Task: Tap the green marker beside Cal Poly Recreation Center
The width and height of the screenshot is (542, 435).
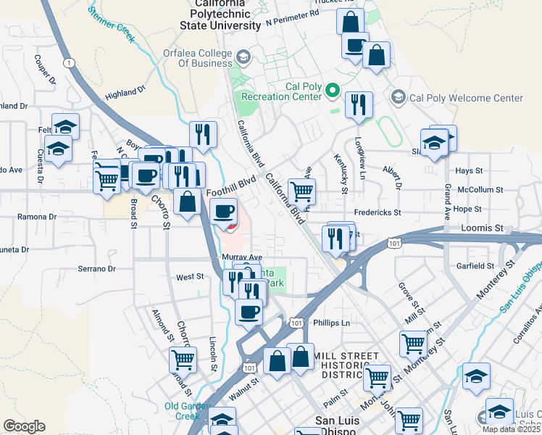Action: pyautogui.click(x=333, y=91)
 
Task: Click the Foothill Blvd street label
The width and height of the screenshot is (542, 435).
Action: pyautogui.click(x=231, y=188)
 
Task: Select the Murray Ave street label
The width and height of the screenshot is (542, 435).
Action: pyautogui.click(x=242, y=257)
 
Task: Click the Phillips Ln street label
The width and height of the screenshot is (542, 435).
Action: pyautogui.click(x=331, y=323)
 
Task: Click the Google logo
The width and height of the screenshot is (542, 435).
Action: pyautogui.click(x=24, y=426)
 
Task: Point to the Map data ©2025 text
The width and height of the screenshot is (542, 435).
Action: pyautogui.click(x=510, y=429)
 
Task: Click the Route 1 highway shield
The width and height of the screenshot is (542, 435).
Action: pyautogui.click(x=69, y=63)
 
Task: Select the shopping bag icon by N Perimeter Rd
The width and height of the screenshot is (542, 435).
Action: pyautogui.click(x=350, y=21)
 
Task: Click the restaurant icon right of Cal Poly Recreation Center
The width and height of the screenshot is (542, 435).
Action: pyautogui.click(x=358, y=104)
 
